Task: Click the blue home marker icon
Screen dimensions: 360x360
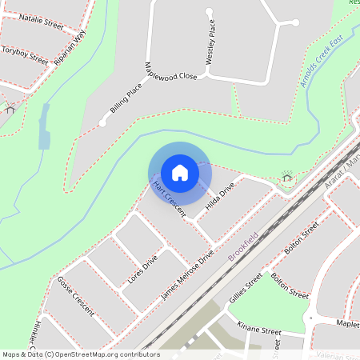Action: (180, 172)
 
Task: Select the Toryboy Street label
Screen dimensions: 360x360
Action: (24, 53)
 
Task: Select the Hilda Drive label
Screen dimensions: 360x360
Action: (219, 196)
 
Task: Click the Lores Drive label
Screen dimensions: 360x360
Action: (143, 271)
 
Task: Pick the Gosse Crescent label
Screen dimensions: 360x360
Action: (75, 296)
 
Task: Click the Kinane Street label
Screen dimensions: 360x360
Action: (259, 328)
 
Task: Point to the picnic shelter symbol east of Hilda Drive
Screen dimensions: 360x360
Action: (286, 175)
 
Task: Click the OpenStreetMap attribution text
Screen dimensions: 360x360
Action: (81, 354)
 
